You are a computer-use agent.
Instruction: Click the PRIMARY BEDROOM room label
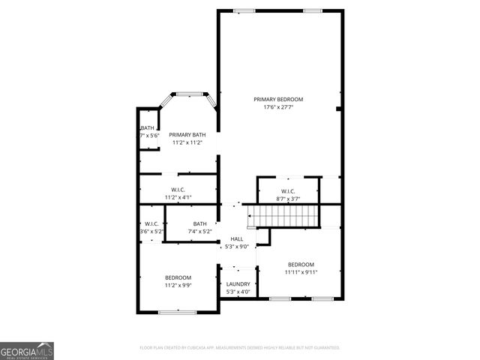(x=278, y=99)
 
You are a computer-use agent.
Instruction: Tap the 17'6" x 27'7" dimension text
(x=278, y=107)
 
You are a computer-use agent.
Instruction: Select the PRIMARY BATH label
(x=187, y=134)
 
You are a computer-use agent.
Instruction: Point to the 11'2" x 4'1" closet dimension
(x=178, y=197)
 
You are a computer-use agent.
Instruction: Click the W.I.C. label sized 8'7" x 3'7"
(x=288, y=190)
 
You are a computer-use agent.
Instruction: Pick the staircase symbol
(x=286, y=217)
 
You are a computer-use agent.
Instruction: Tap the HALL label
(x=237, y=238)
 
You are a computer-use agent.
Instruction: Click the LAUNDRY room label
(x=238, y=284)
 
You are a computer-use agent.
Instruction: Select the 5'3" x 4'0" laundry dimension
(x=238, y=292)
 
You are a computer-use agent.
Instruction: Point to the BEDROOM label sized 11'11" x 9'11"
(x=301, y=264)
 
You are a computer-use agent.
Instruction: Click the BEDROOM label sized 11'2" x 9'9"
(x=178, y=277)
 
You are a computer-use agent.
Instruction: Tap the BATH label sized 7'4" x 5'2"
(x=199, y=223)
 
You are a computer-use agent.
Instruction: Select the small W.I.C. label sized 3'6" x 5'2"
(x=151, y=223)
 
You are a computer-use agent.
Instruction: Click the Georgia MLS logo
(x=27, y=350)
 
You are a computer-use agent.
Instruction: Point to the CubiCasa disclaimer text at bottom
(x=240, y=348)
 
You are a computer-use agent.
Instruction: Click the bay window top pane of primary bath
(x=190, y=94)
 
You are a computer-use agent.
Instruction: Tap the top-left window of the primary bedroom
(x=243, y=10)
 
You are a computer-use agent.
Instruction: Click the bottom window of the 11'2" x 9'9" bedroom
(x=178, y=310)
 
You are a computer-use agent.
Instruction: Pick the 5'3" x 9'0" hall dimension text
(x=237, y=246)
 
